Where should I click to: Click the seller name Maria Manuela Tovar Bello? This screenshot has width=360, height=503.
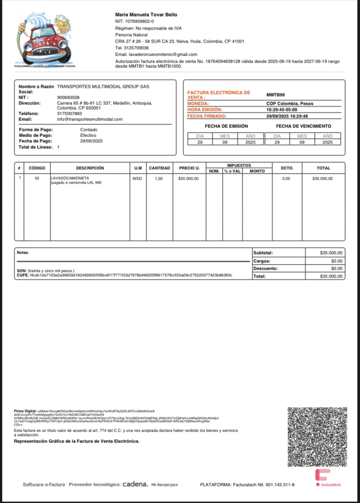146,15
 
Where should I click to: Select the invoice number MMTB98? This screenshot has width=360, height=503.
275,94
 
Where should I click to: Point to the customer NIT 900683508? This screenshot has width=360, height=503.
68,97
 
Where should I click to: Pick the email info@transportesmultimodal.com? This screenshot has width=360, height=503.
90,119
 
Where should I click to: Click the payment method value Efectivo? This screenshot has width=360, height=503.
89,135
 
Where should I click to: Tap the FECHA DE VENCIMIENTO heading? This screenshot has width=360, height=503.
303,126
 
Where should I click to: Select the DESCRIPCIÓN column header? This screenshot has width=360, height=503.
90,168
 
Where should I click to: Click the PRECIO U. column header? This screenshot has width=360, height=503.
189,168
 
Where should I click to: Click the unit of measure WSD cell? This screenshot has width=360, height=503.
137,178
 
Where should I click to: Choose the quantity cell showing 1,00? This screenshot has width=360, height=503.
159,178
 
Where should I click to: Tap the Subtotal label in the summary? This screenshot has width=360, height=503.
263,253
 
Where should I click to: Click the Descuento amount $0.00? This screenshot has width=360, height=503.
337,268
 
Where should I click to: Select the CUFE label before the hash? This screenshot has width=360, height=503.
22,275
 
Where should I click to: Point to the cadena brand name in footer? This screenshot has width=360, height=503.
135,484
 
